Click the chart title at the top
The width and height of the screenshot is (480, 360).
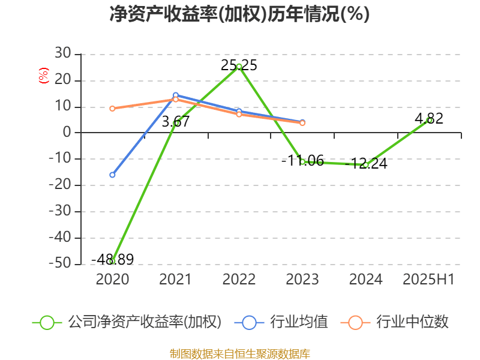click(239, 14)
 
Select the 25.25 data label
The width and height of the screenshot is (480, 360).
click(239, 65)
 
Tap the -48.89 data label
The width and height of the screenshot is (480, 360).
click(112, 259)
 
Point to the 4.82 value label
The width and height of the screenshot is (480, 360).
click(429, 118)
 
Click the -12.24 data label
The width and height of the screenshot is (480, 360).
click(369, 163)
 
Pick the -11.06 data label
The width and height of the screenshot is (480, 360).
click(303, 160)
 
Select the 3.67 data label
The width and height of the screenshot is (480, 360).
click(176, 121)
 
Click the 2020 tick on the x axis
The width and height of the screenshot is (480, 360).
click(112, 279)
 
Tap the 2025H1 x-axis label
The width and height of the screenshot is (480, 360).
click(428, 279)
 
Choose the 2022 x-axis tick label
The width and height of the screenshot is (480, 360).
click(239, 279)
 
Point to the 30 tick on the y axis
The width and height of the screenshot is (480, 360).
click(63, 55)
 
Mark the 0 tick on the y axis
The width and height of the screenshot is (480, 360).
click(67, 133)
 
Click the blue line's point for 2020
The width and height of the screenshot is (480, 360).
click(112, 175)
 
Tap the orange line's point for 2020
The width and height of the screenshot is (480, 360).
click(112, 109)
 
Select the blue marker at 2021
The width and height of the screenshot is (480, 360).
click(175, 95)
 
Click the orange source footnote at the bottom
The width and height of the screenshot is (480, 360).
click(239, 353)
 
